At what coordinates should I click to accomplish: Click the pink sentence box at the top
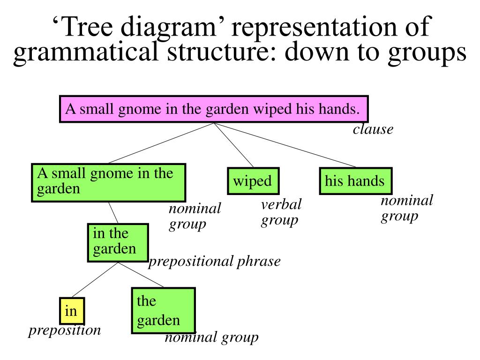tap(214, 109)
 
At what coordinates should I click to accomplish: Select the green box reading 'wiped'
tap(253, 181)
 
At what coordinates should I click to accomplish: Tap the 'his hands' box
tap(355, 181)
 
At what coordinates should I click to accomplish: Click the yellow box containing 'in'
tap(72, 311)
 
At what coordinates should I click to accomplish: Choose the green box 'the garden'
tap(163, 310)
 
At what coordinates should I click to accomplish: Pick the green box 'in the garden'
tap(118, 242)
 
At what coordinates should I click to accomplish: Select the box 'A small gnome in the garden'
tap(108, 182)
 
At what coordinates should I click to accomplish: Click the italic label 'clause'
tap(373, 129)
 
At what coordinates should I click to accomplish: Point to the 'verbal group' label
tap(281, 212)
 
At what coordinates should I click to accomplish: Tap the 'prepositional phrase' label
tap(214, 261)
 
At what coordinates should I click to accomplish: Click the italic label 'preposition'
tap(65, 330)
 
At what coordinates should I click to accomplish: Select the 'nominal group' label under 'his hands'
tap(406, 208)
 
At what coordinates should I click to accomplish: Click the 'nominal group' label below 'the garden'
tap(211, 337)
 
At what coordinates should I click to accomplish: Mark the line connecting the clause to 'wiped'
tap(233, 145)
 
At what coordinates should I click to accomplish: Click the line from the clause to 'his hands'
tap(286, 145)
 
